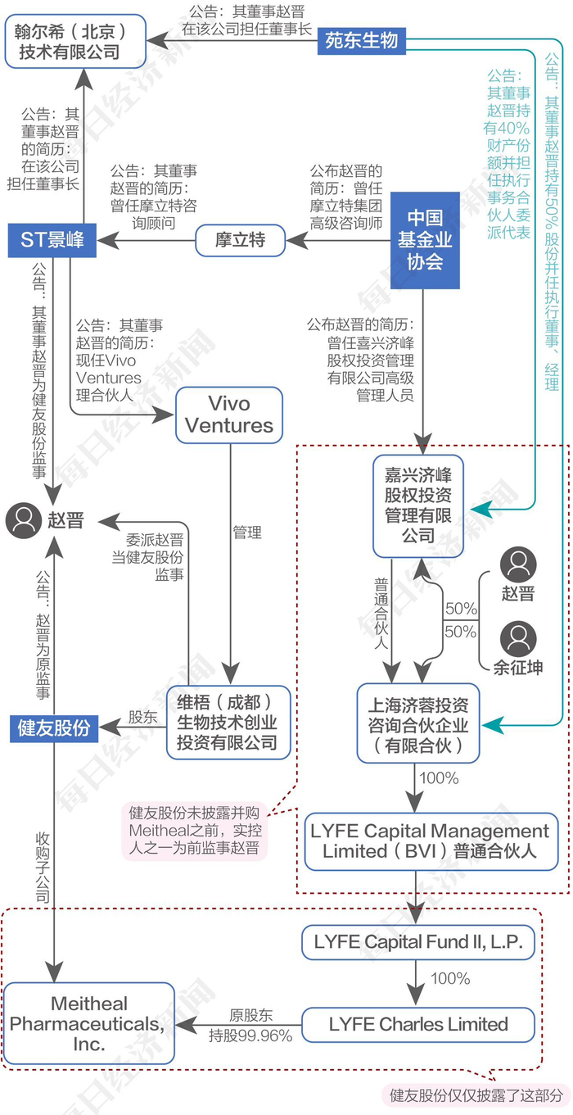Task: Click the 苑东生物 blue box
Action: tap(361, 40)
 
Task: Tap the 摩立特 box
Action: tap(241, 240)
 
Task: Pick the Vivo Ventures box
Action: tap(229, 415)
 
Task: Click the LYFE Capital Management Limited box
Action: tap(430, 841)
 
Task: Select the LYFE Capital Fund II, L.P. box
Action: tap(417, 942)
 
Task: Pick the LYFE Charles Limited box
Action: tap(418, 1024)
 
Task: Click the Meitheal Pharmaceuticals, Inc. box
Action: tap(90, 1024)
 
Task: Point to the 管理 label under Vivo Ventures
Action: tap(247, 533)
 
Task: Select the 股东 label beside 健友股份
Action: tap(142, 717)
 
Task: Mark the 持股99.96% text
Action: tap(250, 1036)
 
